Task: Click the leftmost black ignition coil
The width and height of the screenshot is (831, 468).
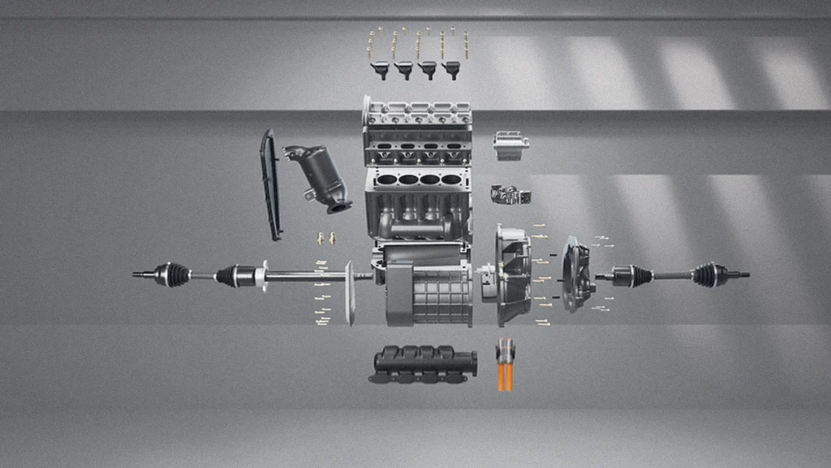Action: point(380,70)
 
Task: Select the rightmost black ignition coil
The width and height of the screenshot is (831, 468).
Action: point(450,70)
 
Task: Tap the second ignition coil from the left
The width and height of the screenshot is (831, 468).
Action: point(403,70)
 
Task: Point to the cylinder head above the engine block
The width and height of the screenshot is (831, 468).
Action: point(417,132)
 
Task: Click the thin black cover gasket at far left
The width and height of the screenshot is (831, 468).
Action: point(270,185)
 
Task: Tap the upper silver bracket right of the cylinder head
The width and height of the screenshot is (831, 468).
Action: point(510,145)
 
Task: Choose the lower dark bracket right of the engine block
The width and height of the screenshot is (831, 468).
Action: point(510,195)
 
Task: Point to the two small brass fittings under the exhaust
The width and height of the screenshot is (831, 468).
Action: point(326,238)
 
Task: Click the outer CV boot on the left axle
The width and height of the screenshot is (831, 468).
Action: point(173,275)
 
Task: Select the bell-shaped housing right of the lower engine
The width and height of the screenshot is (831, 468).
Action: point(510,276)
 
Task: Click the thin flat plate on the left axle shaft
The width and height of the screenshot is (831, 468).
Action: point(350,292)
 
